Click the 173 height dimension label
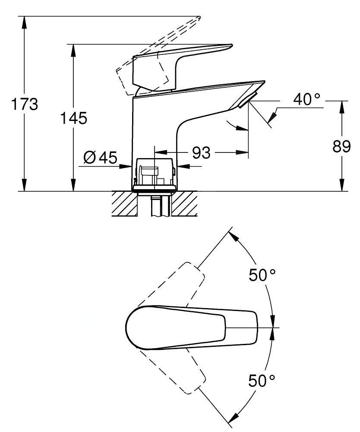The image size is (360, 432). pos(25,104)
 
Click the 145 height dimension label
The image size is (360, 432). pos(73,118)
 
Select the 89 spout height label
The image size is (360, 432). pos(341,146)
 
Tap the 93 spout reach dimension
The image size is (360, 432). pos(201,152)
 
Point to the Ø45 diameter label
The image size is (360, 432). pos(100,158)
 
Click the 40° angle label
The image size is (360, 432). pos(306,99)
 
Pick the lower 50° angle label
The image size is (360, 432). pos(262,381)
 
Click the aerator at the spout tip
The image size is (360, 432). pos(247,100)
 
